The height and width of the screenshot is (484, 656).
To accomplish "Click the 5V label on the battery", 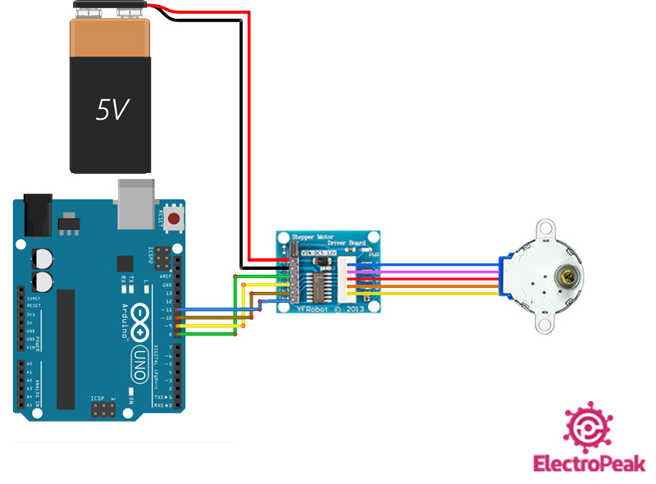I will (x=112, y=109).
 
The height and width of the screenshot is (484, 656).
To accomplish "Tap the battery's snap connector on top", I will (x=111, y=9).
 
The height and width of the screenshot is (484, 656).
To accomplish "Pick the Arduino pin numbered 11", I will (x=179, y=309).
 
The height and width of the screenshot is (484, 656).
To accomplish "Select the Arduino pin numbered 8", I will (x=179, y=335).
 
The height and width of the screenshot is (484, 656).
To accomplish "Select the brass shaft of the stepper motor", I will (x=564, y=277).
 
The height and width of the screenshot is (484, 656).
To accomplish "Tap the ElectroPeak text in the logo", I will (x=589, y=463).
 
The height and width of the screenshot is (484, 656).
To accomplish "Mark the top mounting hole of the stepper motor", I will (x=544, y=226).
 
